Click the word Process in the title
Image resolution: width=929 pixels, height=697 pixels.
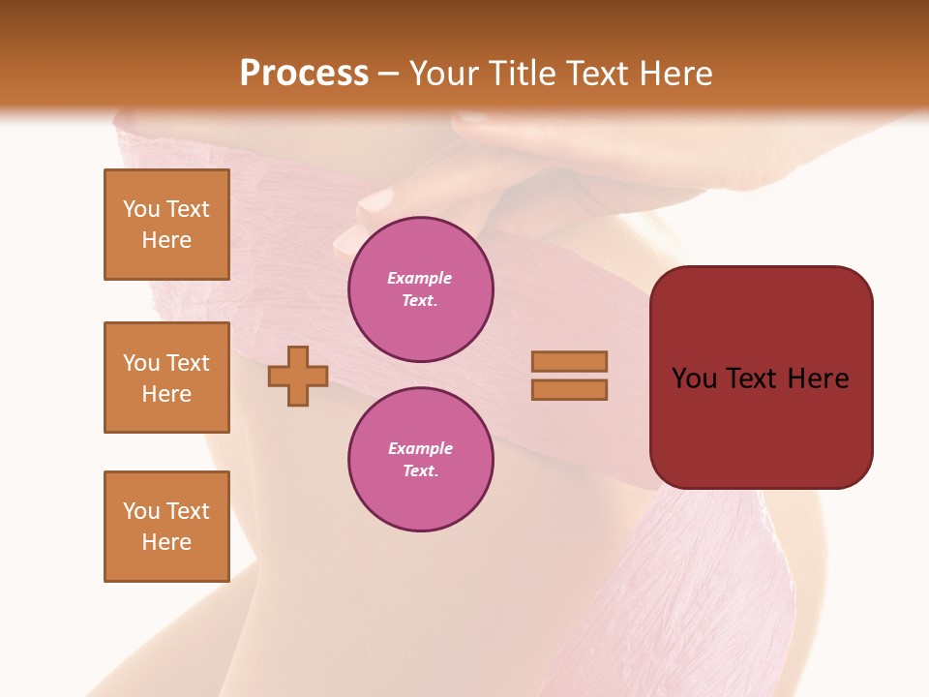304,74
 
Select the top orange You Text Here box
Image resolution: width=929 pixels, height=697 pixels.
166,225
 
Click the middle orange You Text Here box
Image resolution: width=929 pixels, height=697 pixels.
166,378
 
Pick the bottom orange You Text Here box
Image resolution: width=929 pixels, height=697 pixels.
166,527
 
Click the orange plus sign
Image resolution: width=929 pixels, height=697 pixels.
298,376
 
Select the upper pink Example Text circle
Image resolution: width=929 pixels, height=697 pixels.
421,289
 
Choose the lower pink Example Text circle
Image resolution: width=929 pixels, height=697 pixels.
421,460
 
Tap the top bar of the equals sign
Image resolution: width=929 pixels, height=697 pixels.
570,361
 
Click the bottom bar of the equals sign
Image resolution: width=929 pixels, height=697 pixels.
570,390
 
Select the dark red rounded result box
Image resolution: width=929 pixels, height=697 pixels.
762,378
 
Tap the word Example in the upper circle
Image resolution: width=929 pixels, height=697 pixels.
420,278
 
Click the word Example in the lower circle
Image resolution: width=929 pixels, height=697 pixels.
420,448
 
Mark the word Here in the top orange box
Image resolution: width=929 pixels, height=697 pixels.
166,240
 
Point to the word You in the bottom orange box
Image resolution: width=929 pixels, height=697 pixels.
141,511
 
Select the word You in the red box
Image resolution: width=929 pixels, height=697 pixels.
694,379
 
